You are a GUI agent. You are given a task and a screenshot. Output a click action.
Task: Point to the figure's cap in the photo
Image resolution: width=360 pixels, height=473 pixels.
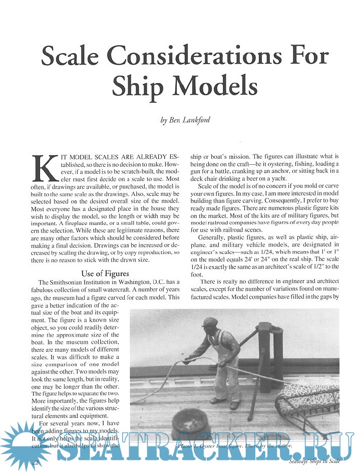click(211, 321)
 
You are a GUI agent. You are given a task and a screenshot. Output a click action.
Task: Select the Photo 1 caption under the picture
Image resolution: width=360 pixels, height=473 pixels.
click(234, 445)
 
